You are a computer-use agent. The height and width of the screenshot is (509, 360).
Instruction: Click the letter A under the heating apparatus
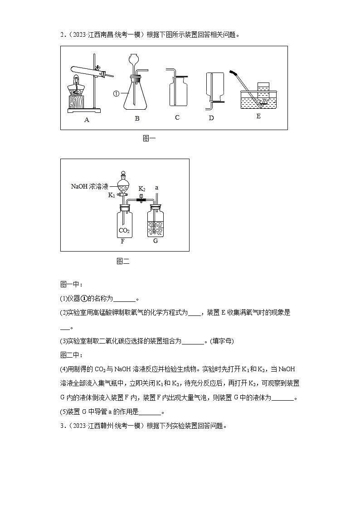[87, 120]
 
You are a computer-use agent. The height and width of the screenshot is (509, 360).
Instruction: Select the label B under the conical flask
[136, 118]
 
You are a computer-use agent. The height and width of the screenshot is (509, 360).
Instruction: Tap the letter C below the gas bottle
[177, 117]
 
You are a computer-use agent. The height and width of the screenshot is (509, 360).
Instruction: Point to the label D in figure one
[211, 118]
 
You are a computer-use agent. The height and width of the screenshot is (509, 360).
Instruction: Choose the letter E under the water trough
[258, 116]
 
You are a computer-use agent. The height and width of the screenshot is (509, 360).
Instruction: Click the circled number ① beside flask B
[116, 94]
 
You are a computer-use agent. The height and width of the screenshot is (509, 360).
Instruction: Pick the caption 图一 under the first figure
[149, 139]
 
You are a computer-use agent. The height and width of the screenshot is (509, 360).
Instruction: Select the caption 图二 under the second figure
[123, 261]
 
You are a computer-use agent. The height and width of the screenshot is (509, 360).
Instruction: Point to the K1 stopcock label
[112, 195]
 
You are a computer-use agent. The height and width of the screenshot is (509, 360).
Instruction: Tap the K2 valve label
[141, 189]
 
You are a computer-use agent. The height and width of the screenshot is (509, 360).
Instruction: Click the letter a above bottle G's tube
[156, 187]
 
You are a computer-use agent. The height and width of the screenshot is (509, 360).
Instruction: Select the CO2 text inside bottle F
[124, 231]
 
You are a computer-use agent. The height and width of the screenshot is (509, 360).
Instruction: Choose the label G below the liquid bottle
[156, 241]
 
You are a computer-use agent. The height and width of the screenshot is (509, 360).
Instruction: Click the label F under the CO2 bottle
[122, 241]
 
